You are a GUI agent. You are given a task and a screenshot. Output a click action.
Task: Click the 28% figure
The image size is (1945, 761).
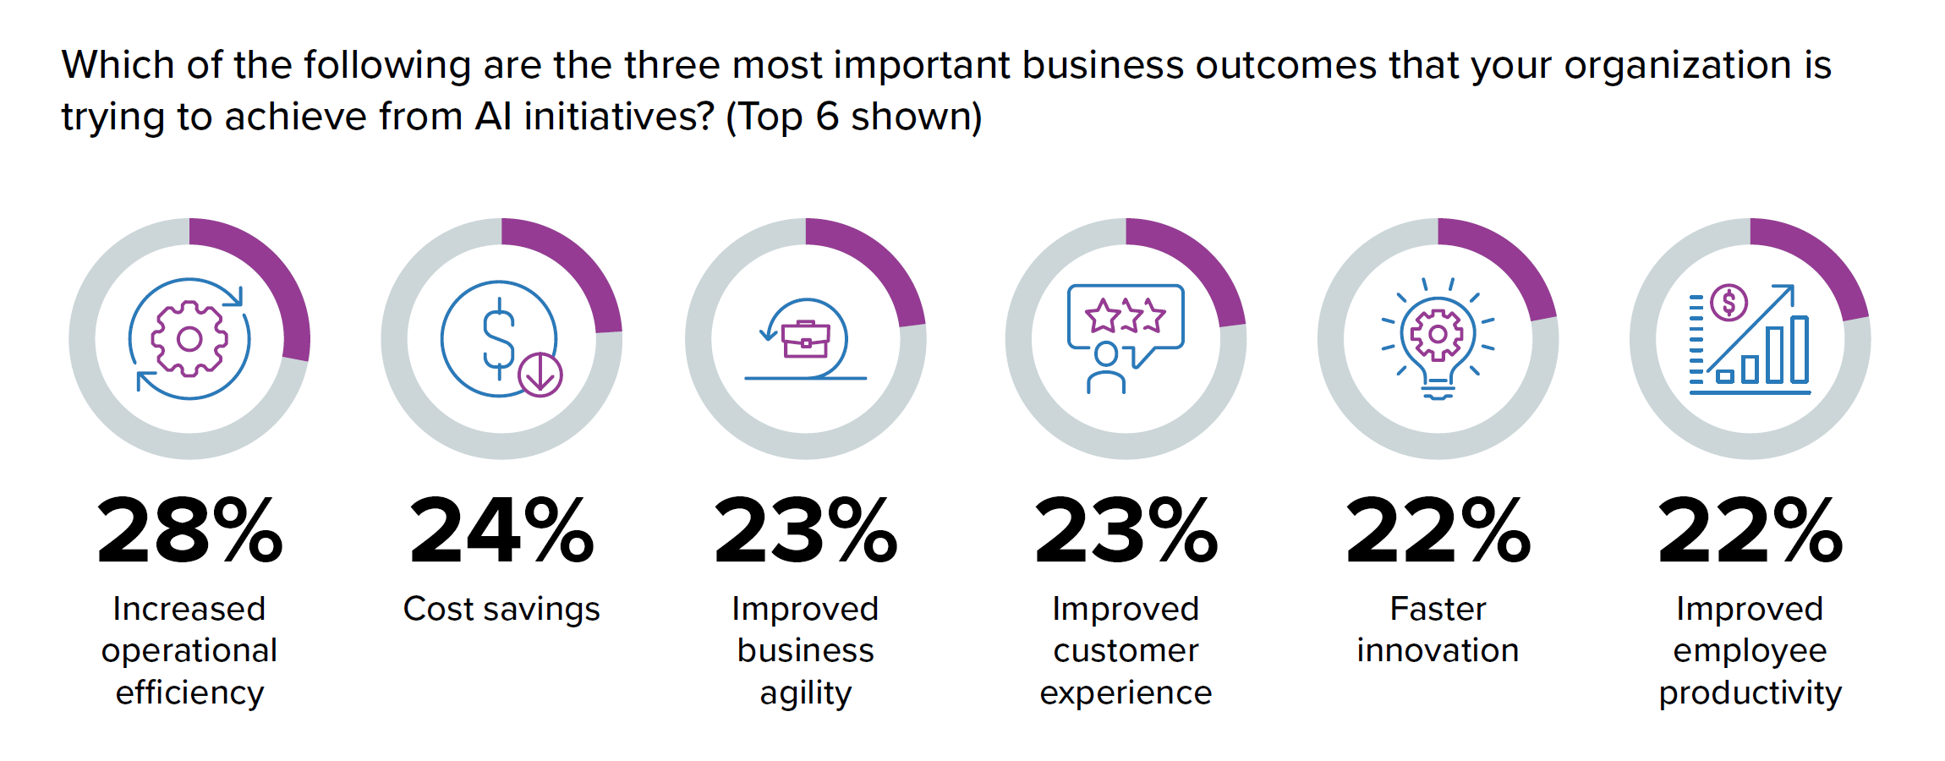tap(189, 531)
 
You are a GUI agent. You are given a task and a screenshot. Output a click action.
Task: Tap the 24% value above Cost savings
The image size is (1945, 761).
tap(501, 531)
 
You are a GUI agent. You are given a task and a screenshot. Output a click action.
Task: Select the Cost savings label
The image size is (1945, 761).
tap(501, 609)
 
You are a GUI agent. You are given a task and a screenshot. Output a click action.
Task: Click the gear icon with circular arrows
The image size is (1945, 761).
tap(189, 339)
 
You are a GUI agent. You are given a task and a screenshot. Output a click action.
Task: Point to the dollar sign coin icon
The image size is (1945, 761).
tap(499, 339)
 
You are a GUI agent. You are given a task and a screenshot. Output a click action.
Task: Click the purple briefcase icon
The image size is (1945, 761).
tap(805, 340)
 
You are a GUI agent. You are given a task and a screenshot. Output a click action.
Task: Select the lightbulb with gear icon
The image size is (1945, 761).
tap(1438, 339)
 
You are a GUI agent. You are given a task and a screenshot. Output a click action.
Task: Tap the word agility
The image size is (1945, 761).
tap(805, 693)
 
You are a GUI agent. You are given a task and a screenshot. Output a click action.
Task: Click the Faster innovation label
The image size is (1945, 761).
tap(1438, 629)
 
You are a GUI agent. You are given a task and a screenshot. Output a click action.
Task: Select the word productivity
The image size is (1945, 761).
tap(1750, 693)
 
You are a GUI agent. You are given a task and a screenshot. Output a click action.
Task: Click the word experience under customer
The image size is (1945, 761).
tap(1126, 693)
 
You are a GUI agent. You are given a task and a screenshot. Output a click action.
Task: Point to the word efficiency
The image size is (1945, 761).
tap(189, 693)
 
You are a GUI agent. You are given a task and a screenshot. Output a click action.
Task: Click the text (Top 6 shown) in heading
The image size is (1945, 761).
tap(853, 117)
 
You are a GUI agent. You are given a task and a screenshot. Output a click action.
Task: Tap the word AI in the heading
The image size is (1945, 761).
tap(493, 117)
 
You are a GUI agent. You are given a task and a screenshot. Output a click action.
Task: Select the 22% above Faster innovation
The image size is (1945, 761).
tap(1438, 531)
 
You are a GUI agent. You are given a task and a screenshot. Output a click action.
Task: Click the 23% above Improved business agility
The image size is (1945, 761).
tap(805, 531)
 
